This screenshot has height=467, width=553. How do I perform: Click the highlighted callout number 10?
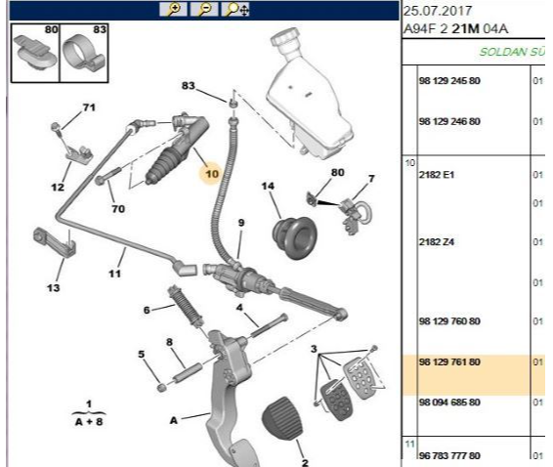[x=212, y=174]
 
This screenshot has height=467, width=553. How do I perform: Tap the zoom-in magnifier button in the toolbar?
[x=174, y=9]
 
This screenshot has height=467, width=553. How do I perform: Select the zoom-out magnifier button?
[x=204, y=9]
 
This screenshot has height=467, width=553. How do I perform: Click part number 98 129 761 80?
[x=449, y=361]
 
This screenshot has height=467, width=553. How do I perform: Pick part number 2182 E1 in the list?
[x=437, y=175]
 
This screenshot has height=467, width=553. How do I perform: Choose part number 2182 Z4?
[x=437, y=242]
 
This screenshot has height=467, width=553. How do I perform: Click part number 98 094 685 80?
[x=449, y=403]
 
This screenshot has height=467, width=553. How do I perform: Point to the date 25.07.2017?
[x=438, y=11]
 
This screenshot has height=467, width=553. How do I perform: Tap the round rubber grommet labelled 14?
[x=295, y=237]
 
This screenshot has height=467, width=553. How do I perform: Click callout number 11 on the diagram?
[x=114, y=274]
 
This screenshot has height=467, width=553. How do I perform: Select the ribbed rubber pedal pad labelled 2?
[x=282, y=418]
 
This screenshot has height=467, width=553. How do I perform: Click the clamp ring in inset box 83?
[x=82, y=54]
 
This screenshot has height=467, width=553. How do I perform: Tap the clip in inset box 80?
[x=34, y=53]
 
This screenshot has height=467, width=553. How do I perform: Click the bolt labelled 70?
[x=107, y=176]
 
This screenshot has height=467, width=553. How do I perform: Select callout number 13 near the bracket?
[x=54, y=288]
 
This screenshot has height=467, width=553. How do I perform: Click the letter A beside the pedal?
[x=174, y=420]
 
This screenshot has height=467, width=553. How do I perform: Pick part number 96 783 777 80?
[x=449, y=455]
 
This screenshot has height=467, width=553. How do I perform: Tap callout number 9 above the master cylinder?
[x=241, y=223]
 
